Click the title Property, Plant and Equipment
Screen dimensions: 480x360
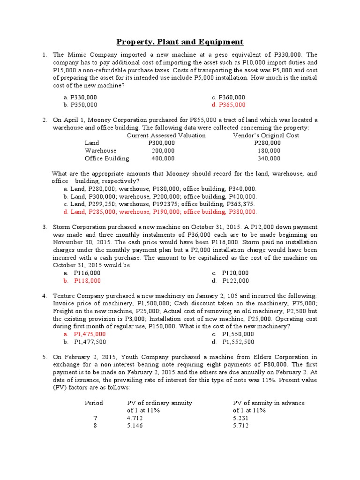[x=180, y=42]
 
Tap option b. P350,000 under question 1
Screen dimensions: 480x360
[x=80, y=105]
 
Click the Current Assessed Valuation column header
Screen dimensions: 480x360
[x=166, y=135]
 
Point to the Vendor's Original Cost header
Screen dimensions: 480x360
[x=266, y=135]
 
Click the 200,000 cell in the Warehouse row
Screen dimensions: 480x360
[x=163, y=150]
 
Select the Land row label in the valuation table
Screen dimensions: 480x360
[x=92, y=143]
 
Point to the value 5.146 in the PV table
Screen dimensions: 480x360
[x=135, y=426]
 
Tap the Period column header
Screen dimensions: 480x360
[x=94, y=403]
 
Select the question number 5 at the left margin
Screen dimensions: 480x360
[x=44, y=357]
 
